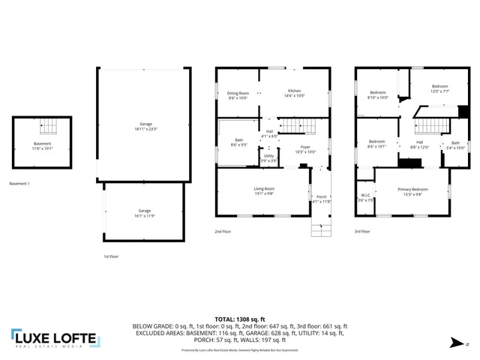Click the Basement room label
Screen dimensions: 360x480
point(43,145)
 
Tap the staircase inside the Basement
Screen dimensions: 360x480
point(49,127)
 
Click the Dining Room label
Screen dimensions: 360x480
point(238,95)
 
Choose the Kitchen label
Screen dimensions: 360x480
point(295,93)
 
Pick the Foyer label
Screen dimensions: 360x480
point(305,148)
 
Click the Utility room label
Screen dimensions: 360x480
point(268,157)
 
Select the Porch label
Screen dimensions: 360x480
point(321,198)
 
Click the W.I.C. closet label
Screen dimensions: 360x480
point(365,198)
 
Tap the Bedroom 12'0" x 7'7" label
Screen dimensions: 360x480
point(439,88)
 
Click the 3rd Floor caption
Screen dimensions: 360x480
point(362,232)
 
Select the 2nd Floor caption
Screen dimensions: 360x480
point(223,232)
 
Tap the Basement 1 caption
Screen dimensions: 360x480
point(19,184)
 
